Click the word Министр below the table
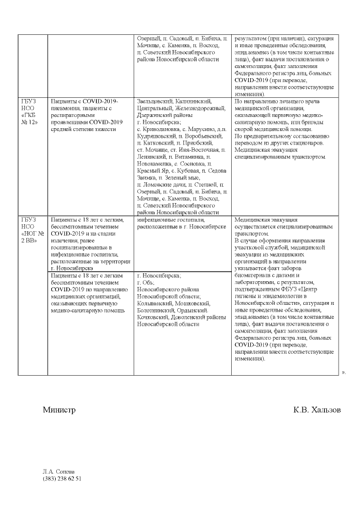pos(59,410)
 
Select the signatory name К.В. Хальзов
pos(317,410)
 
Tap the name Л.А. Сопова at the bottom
pos(58,471)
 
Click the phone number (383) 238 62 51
pos(62,479)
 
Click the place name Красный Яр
pos(150,170)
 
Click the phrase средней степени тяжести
pos(83,129)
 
